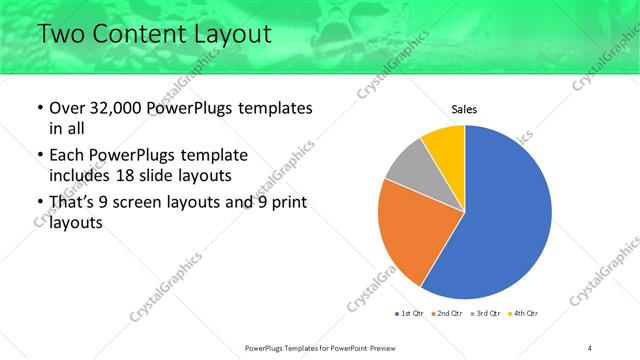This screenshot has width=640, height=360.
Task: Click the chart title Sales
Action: tap(464, 109)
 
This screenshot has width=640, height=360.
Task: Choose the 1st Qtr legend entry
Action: tap(410, 315)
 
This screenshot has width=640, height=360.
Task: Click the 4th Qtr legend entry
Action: tap(526, 315)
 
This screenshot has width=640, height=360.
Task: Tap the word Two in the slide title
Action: tap(59, 35)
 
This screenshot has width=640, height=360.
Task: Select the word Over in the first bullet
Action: tap(68, 108)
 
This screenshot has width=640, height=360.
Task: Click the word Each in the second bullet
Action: tap(68, 156)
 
